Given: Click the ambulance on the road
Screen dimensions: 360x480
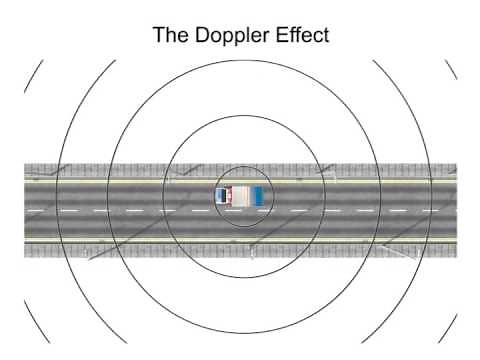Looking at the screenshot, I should [x=240, y=194].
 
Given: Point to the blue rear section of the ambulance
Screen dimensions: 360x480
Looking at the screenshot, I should [x=259, y=194].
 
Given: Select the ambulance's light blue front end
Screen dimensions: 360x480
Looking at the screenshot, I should [x=220, y=194].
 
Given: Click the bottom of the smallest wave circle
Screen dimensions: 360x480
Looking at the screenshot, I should [x=240, y=226].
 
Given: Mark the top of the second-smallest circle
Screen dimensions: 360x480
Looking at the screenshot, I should [x=241, y=117].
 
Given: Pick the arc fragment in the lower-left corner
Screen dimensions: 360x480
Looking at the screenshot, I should [x=34, y=320].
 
